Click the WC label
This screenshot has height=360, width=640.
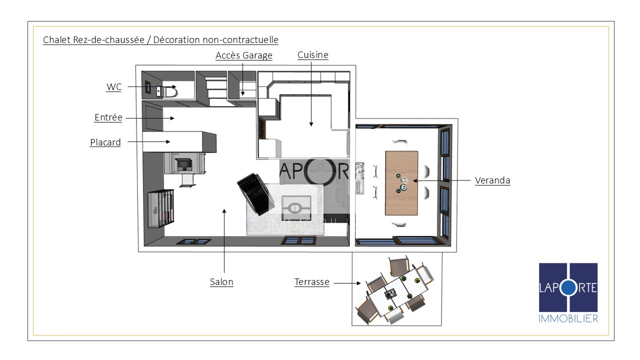pos(114,87)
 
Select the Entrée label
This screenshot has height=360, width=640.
pos(108,117)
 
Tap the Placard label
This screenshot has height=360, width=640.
pos(105,142)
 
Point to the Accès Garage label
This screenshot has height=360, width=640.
pos(244,55)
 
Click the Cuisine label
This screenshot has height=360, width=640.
pos(313,55)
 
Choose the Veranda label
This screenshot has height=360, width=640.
pos(493,180)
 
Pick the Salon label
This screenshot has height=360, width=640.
pos(222,282)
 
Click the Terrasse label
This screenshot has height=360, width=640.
pos(312,282)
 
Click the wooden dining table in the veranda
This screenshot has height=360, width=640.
pos(401,183)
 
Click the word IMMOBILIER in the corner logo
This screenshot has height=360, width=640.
pos(568,318)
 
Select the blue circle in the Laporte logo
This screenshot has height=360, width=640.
pos(568,288)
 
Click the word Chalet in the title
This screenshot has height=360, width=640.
pos(57,40)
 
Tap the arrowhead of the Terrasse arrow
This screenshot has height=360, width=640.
pos(359,283)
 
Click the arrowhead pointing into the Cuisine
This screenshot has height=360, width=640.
pos(311,124)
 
